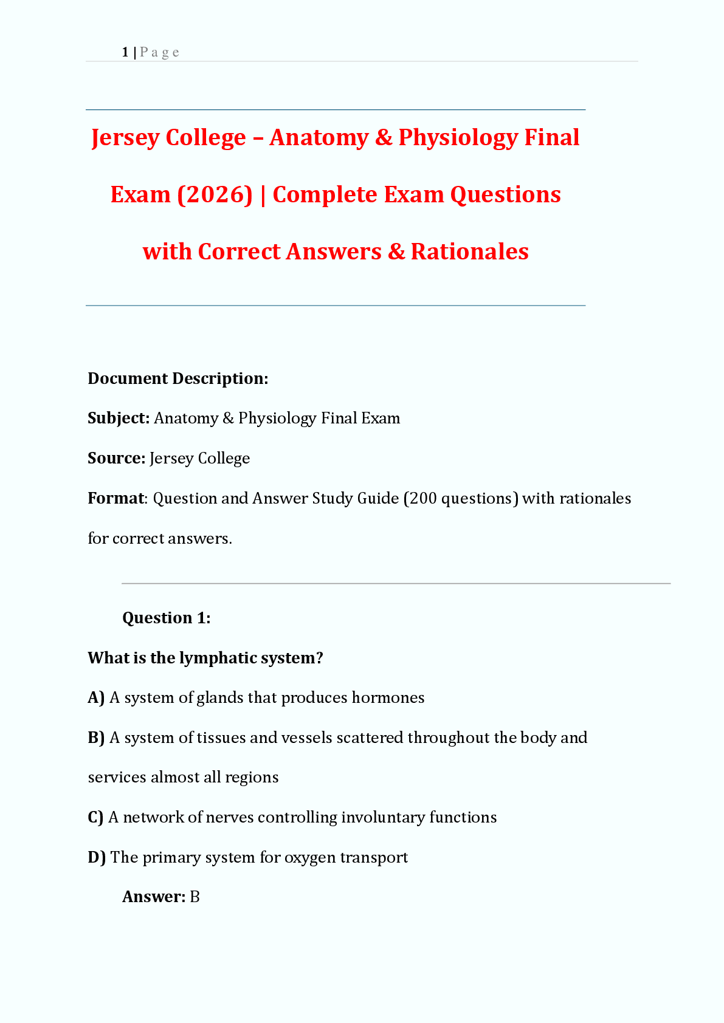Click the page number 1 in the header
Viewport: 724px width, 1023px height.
125,52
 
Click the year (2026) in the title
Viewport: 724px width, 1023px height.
215,195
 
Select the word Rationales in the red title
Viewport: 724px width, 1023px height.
469,251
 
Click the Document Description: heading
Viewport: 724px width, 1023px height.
178,378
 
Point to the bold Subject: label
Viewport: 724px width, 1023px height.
119,418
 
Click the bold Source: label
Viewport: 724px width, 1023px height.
116,458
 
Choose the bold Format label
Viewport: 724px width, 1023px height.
116,498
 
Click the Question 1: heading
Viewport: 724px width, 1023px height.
166,618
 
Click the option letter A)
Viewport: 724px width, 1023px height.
96,697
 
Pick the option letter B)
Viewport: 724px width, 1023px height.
96,737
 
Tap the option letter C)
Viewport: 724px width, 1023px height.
95,817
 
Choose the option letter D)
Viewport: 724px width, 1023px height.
97,857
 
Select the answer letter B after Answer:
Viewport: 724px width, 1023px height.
195,897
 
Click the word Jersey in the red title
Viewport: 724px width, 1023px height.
125,138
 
